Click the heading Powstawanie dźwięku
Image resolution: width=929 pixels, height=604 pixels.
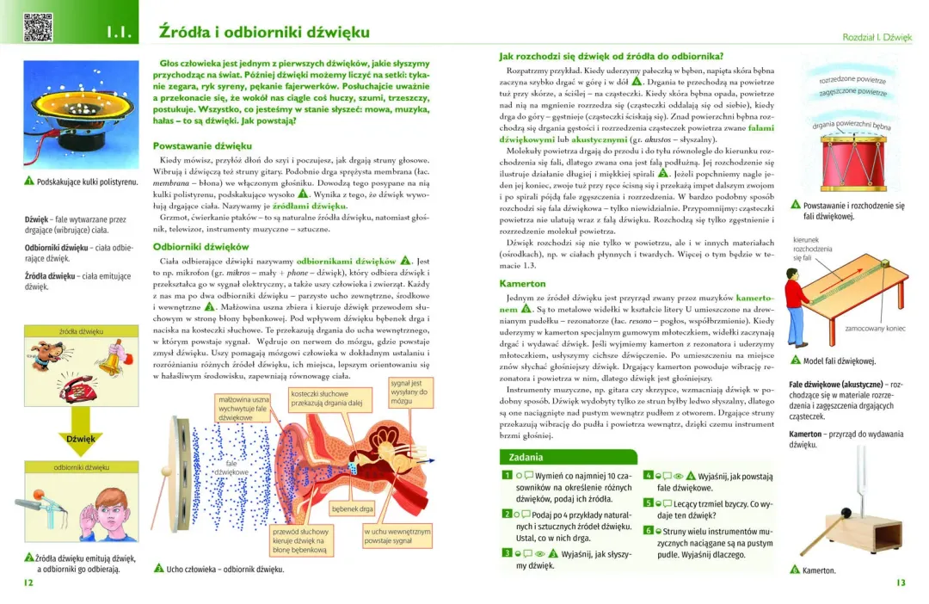click(x=202, y=145)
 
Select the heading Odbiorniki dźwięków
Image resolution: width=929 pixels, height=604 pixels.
click(x=200, y=246)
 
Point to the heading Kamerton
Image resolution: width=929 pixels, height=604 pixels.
click(x=522, y=283)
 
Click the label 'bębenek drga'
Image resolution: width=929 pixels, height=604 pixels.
click(x=353, y=509)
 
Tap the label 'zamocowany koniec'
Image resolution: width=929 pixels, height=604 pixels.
click(x=875, y=328)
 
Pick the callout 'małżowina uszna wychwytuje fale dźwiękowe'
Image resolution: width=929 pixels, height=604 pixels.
click(x=244, y=408)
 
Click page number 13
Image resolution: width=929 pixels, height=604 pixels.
click(x=901, y=582)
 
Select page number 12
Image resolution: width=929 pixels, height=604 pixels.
click(x=28, y=582)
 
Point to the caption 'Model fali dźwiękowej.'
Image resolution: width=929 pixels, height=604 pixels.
click(x=838, y=361)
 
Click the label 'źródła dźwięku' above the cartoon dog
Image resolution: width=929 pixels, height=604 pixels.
click(x=82, y=331)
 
